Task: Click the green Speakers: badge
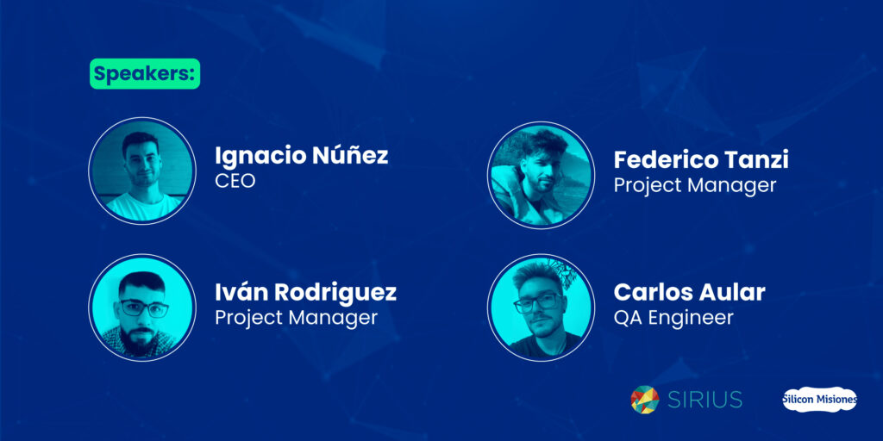pyautogui.click(x=145, y=74)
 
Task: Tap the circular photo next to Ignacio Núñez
pyautogui.click(x=142, y=171)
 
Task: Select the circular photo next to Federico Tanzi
pyautogui.click(x=541, y=175)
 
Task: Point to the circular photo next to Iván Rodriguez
pyautogui.click(x=142, y=307)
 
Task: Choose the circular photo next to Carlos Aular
pyautogui.click(x=541, y=307)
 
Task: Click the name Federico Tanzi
pyautogui.click(x=700, y=159)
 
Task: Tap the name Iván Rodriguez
pyautogui.click(x=306, y=292)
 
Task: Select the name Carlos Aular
pyautogui.click(x=689, y=293)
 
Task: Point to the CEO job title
pyautogui.click(x=235, y=181)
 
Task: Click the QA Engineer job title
pyautogui.click(x=673, y=318)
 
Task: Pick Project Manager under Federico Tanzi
pyautogui.click(x=695, y=186)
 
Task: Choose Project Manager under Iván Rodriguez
pyautogui.click(x=297, y=318)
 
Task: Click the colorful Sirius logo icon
pyautogui.click(x=645, y=400)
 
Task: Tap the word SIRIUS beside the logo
pyautogui.click(x=705, y=400)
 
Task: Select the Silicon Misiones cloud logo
pyautogui.click(x=819, y=400)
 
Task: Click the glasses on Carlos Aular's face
pyautogui.click(x=536, y=303)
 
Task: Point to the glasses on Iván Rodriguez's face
pyautogui.click(x=144, y=307)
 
